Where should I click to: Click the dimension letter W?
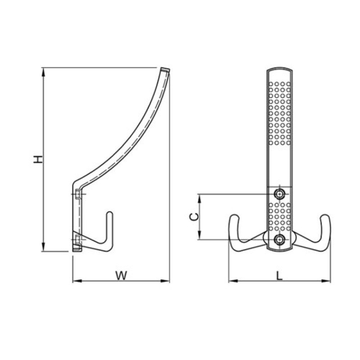[121, 276]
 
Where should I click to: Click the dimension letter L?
[279, 276]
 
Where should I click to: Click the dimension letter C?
[194, 216]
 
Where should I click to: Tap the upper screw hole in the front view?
[279, 194]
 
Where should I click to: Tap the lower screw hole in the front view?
[279, 239]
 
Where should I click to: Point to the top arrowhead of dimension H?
[43, 72]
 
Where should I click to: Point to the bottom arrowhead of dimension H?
[43, 247]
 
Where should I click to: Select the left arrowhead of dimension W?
[77, 281]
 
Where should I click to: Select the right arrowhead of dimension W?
[165, 281]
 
